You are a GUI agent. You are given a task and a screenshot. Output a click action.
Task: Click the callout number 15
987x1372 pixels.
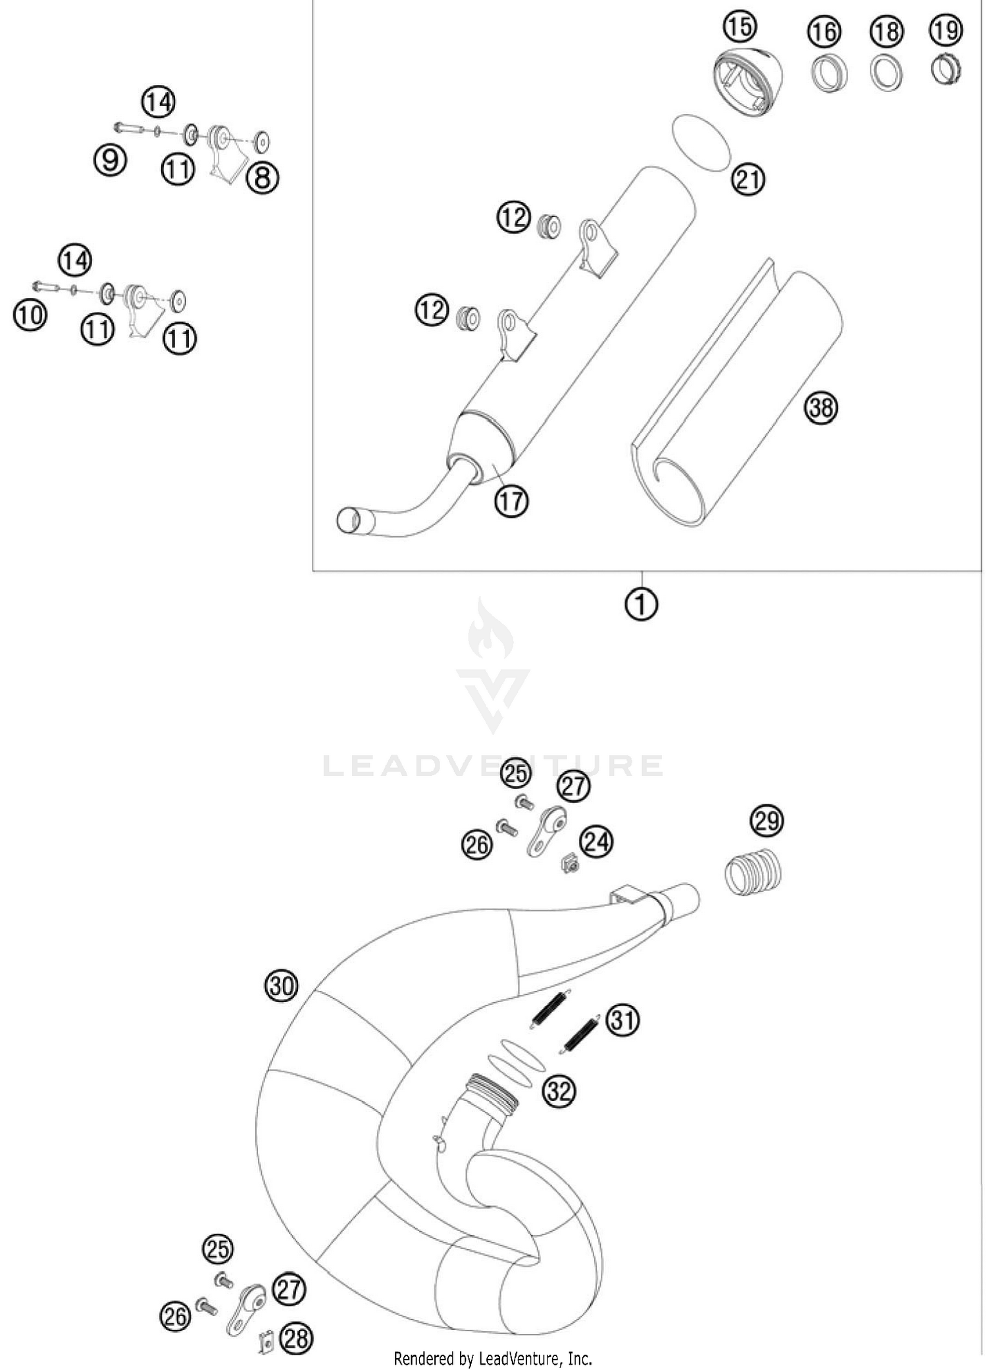pos(740,27)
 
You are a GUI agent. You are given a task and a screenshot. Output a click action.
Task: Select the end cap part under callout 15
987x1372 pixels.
pos(747,82)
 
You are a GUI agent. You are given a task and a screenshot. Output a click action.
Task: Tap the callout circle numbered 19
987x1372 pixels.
pos(946,30)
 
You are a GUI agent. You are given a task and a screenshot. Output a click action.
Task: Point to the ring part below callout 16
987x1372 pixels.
pos(828,74)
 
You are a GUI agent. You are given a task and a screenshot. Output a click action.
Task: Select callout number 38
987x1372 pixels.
pos(821,408)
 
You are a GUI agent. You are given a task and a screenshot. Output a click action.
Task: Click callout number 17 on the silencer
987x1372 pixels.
pos(512,502)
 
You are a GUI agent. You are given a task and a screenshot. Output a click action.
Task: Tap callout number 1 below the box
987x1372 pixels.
pos(641,603)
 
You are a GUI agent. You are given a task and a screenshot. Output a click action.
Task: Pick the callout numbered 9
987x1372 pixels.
pos(110,160)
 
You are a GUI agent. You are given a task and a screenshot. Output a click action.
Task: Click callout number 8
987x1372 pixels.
pos(263,177)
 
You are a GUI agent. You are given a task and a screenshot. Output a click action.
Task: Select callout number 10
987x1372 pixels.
pos(30,315)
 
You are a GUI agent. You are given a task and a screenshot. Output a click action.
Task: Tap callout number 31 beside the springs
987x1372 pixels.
pos(622,1021)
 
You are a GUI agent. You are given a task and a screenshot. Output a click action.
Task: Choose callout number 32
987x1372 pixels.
pos(559,1092)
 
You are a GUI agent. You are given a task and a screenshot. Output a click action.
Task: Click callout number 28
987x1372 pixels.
pos(297,1338)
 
